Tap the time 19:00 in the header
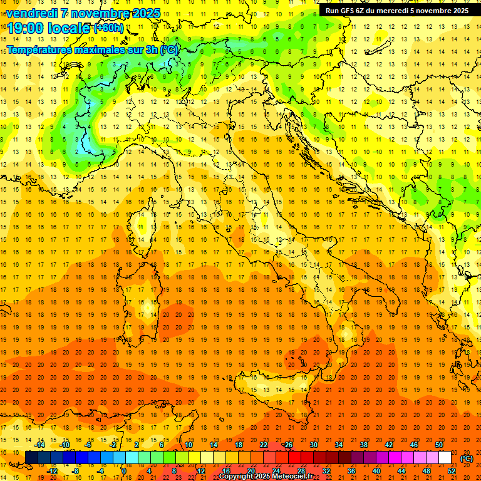tap(24, 28)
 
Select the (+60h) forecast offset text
tap(108, 28)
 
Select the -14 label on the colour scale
tap(40, 445)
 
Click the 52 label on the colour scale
tap(452, 470)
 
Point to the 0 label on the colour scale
tap(124, 470)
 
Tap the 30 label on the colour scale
tap(314, 445)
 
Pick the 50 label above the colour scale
tap(439, 445)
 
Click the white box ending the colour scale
tap(445, 458)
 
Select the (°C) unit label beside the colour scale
tap(467, 458)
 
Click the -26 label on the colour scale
tap(287, 445)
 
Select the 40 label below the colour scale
tap(376, 470)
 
